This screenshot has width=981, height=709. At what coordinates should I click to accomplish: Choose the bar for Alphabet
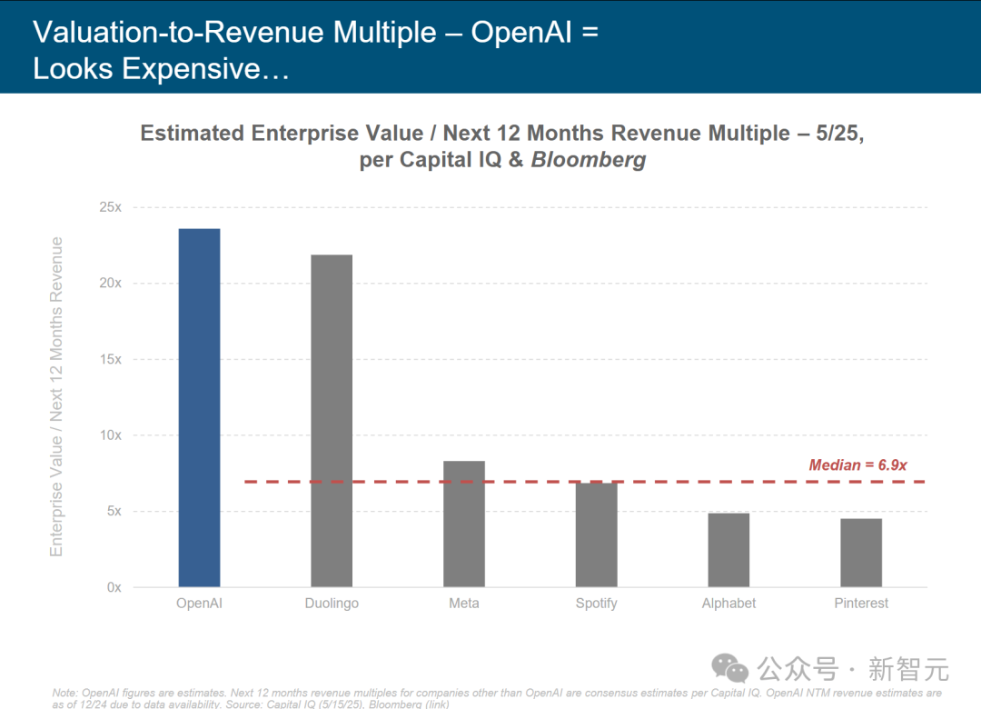click(x=728, y=550)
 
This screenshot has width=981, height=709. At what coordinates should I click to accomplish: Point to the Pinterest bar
click(x=861, y=553)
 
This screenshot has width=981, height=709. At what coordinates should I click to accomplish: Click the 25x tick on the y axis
click(x=110, y=207)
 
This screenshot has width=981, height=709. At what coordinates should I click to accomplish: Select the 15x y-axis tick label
click(x=110, y=359)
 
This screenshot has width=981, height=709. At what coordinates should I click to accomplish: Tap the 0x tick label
click(x=114, y=587)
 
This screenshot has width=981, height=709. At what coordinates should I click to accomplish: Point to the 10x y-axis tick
click(x=110, y=435)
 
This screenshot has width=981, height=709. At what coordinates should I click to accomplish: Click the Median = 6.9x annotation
click(x=857, y=465)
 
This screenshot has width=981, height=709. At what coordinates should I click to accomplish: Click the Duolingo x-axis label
click(x=332, y=604)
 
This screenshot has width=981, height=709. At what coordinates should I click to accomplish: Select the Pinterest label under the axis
click(x=861, y=604)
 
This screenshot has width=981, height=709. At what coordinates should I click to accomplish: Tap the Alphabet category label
click(x=728, y=604)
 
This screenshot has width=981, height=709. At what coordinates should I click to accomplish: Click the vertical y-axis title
click(x=56, y=396)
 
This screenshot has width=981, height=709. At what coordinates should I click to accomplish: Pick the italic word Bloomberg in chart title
click(x=589, y=160)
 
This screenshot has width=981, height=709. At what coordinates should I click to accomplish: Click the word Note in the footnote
click(x=65, y=693)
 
